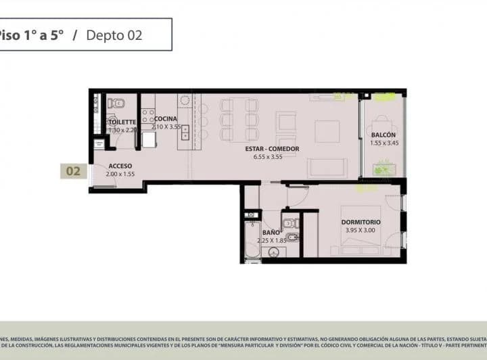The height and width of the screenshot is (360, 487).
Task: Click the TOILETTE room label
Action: point(122,122)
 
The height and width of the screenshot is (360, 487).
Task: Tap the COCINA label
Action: point(166,119)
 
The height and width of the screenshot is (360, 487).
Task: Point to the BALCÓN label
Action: point(383,135)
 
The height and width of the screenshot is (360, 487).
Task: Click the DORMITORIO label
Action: point(361,222)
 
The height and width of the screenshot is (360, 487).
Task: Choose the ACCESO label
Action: point(120,166)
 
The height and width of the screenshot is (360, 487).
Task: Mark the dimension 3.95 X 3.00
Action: point(361,230)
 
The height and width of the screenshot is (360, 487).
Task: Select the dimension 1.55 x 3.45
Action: point(384,143)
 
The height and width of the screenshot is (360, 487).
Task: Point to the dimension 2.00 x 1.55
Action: point(120,174)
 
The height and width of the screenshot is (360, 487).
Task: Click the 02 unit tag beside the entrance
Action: point(73,171)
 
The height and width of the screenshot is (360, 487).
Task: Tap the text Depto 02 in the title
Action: point(114,35)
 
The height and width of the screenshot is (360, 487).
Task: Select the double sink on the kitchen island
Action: point(185,132)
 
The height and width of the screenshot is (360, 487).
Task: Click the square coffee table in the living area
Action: point(327,131)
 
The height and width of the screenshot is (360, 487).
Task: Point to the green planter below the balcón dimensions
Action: point(384,166)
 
